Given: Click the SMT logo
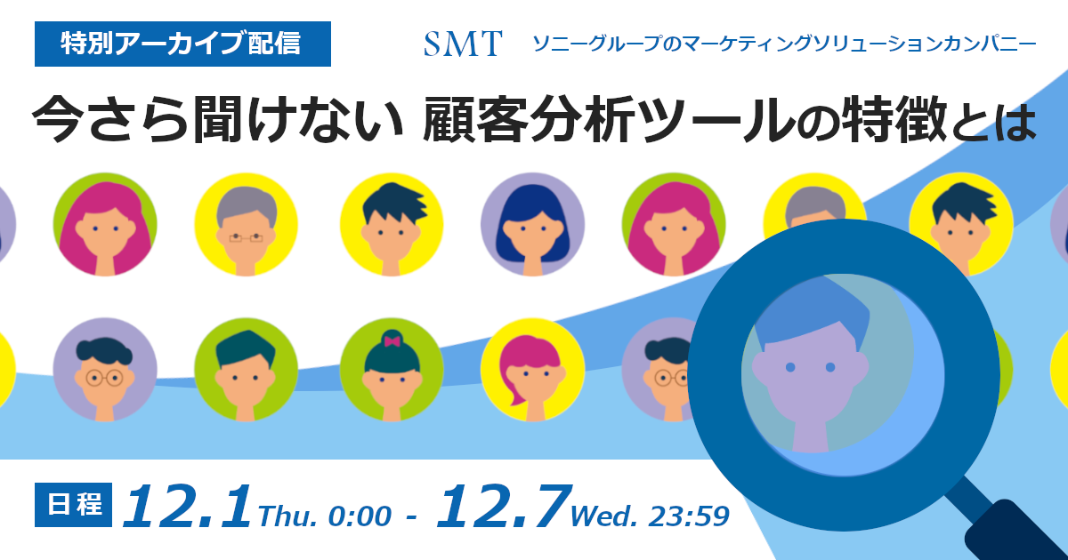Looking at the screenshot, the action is click(463, 44).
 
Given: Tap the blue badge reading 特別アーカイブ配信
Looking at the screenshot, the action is click(182, 44).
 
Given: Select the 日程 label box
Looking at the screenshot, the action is click(73, 505).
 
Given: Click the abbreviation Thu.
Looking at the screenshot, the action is click(287, 516).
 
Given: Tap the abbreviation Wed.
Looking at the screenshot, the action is click(603, 516).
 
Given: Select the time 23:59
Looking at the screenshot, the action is click(689, 516).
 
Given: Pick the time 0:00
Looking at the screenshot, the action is click(360, 516).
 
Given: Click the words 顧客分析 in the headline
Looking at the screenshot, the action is click(529, 119).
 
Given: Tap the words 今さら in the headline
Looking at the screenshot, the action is click(110, 119).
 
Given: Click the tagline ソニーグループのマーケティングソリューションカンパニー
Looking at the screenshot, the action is click(784, 44).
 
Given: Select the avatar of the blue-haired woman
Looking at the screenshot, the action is click(532, 224).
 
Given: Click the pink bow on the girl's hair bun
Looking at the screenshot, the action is click(392, 341).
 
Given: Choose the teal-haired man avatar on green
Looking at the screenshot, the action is click(246, 370).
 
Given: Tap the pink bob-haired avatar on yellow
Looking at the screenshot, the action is click(532, 370).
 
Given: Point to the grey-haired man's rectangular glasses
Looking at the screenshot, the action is click(246, 237).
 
